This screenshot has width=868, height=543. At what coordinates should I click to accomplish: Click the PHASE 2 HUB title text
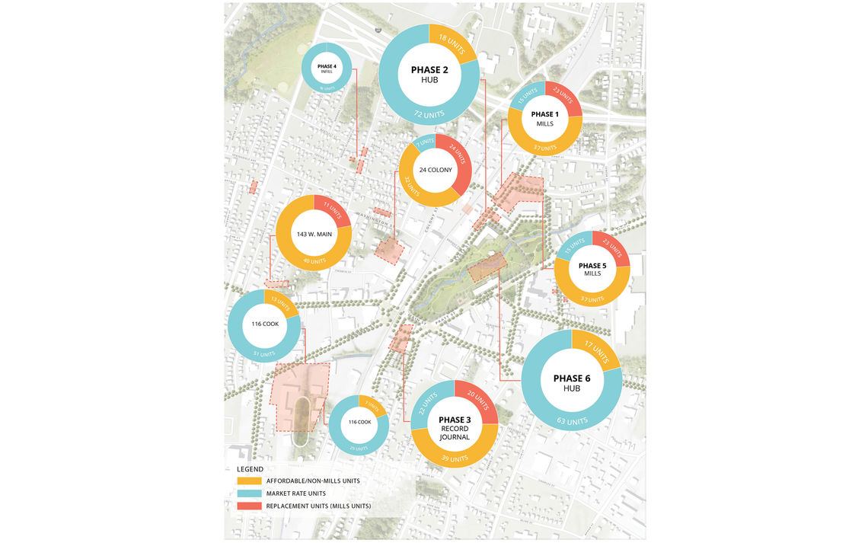coord(429,74)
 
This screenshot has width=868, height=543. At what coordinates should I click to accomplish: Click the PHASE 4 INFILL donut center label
coord(327,69)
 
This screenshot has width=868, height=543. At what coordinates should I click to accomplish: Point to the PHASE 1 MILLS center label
coord(544,118)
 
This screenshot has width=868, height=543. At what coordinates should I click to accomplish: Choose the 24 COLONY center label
coord(436,170)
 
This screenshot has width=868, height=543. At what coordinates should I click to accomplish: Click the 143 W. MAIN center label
coord(312,234)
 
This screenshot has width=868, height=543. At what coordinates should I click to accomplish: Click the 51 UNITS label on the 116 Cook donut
coord(263,353)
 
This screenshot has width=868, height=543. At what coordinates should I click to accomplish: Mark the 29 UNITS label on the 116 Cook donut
coord(358,448)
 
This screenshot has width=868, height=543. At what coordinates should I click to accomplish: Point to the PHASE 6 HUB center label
coord(572,382)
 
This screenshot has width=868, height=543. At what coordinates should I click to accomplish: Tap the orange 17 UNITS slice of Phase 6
coord(597,350)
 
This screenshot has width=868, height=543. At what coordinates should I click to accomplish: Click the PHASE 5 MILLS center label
coord(592,269)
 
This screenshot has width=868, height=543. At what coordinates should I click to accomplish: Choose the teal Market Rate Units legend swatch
coord(248,493)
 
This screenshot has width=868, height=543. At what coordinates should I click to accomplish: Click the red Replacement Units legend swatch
coord(248,506)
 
